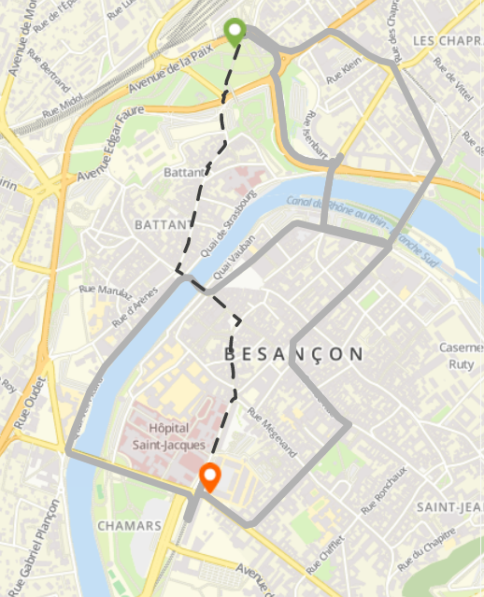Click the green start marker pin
[x=235, y=31]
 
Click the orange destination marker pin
[x=210, y=476]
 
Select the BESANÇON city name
[x=293, y=353]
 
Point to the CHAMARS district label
[x=129, y=526]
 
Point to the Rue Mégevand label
[x=272, y=431]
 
